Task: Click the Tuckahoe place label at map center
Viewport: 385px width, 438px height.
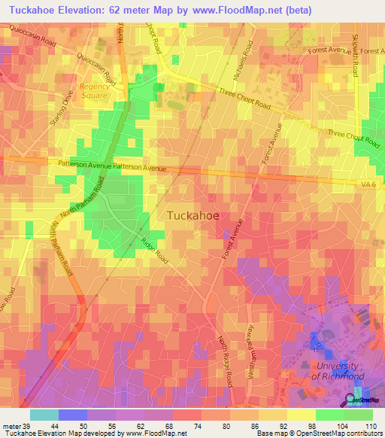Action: click(192, 215)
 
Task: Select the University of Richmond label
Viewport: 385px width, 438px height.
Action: click(338, 370)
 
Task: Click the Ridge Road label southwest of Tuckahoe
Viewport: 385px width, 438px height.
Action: click(154, 252)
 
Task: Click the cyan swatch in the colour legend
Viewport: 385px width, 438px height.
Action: click(44, 415)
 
